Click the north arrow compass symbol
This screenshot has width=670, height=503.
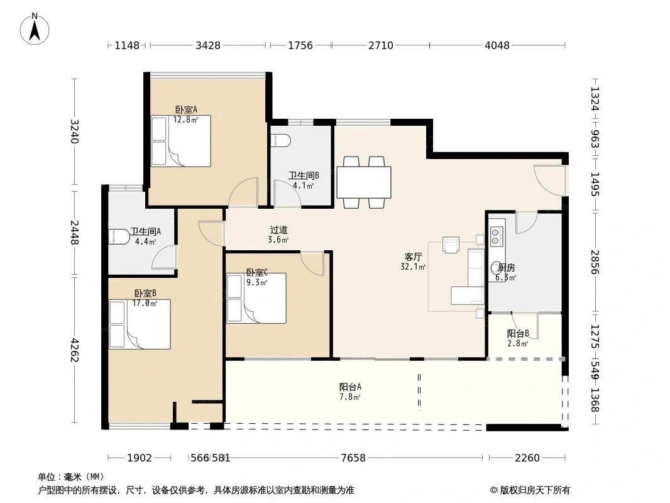[x=35, y=29]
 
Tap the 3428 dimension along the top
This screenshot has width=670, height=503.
[x=208, y=45]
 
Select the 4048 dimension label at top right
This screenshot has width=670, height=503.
[x=497, y=45]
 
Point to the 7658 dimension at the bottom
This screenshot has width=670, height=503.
[x=353, y=458]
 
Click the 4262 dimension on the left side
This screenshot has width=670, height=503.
[x=75, y=350]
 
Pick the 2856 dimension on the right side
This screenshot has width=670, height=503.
[x=595, y=262]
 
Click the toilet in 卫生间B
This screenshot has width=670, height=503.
[x=281, y=140]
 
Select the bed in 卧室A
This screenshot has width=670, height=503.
[x=181, y=141]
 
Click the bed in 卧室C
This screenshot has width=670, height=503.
[x=256, y=298]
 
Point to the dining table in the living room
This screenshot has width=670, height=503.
[x=364, y=182]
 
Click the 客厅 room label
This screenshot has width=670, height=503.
[x=413, y=257]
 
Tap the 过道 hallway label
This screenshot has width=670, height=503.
[x=278, y=230]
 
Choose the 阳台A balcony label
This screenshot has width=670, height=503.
[x=350, y=387]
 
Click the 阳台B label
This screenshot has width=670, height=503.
[x=518, y=333]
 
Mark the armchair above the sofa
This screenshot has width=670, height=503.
[x=451, y=245]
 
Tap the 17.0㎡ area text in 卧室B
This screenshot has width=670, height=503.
[x=145, y=304]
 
